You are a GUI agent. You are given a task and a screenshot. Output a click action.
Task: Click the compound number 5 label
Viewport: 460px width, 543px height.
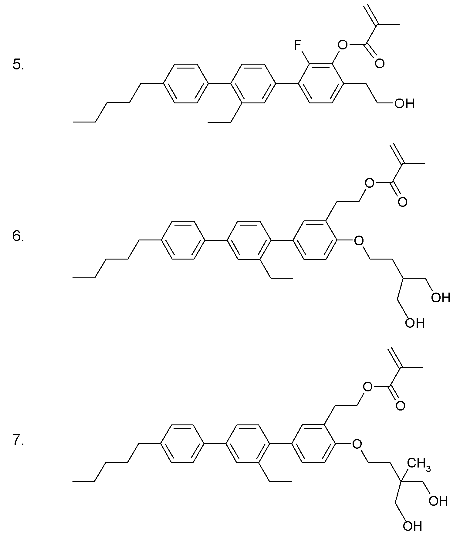coord(18,65)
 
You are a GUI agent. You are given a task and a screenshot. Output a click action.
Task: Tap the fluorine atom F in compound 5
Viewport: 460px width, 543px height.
coord(298,46)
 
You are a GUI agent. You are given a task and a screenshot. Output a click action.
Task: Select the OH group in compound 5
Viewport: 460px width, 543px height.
coord(404,104)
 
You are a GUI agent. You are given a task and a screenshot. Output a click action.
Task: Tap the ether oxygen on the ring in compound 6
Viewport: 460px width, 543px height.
coord(359,241)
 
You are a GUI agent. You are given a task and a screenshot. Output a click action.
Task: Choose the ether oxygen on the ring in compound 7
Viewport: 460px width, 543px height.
coord(357,444)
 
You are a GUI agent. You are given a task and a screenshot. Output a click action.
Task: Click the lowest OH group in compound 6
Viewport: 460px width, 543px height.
coord(414,323)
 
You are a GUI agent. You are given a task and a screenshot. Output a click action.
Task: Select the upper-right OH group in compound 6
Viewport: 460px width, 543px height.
coord(441,297)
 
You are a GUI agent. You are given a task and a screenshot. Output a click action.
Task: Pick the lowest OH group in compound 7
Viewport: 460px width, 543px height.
coord(413,526)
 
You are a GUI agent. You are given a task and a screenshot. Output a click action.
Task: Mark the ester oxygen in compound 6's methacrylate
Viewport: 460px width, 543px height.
coord(369,183)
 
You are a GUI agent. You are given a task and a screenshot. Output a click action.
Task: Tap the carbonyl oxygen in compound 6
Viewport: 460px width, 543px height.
coord(402,202)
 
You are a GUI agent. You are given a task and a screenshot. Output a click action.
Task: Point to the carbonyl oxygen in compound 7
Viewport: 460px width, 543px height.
coord(401,405)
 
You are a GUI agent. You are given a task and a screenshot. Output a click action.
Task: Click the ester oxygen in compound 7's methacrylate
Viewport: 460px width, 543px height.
coord(367,387)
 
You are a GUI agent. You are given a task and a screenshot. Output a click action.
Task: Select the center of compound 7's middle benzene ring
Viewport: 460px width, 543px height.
coord(248,444)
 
